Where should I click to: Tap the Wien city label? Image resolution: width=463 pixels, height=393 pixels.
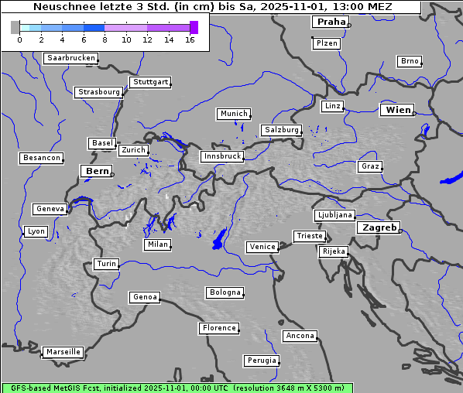tap(398, 110)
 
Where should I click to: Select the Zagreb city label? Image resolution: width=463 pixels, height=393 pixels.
tap(379, 227)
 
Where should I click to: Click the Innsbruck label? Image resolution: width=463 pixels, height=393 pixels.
tap(221, 156)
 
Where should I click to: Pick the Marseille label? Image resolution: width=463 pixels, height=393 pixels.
tap(63, 352)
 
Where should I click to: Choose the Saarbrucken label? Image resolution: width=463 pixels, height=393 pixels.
tap(70, 58)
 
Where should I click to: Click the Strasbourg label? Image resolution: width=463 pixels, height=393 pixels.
tap(99, 92)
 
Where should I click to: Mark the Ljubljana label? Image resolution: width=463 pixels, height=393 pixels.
tap(334, 215)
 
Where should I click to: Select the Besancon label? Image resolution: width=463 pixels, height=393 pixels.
tap(42, 158)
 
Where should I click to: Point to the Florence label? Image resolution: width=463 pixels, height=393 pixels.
tap(219, 328)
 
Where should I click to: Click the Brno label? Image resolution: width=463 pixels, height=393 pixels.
tap(409, 61)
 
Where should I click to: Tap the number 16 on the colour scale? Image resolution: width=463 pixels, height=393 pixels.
tap(190, 40)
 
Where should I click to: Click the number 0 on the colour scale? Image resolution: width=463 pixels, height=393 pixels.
tap(19, 40)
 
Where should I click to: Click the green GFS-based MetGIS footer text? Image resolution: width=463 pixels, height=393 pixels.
tap(177, 388)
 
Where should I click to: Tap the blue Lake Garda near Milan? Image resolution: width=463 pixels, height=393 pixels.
tap(219, 239)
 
